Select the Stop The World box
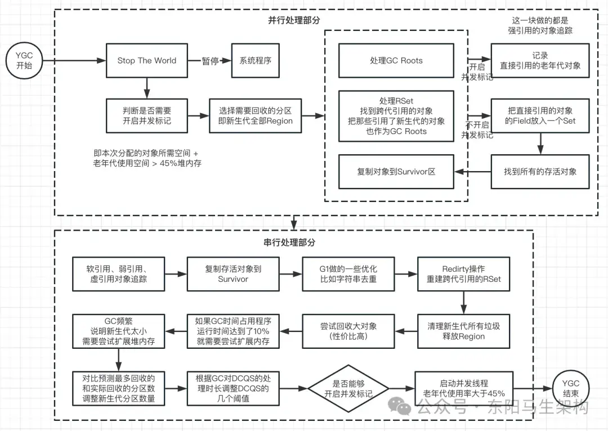[146, 61]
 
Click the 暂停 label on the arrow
[209, 61]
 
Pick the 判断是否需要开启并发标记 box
[146, 115]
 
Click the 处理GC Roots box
[396, 61]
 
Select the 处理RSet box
[396, 116]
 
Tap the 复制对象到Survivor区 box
[396, 172]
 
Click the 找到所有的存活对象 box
[540, 172]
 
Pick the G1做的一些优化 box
[348, 274]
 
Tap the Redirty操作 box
[463, 274]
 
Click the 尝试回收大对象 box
[348, 331]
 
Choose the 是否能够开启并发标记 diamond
[348, 388]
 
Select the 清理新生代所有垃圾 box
[463, 331]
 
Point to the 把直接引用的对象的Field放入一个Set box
[540, 115]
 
